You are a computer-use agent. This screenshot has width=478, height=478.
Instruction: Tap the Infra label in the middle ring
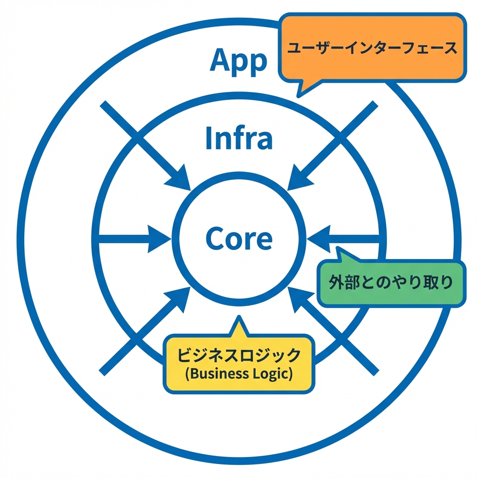click(x=239, y=138)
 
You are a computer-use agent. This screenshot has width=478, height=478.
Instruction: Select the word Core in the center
click(x=239, y=239)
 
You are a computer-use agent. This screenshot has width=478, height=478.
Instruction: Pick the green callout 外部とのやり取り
click(x=391, y=283)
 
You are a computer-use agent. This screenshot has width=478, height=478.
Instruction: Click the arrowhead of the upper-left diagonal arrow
click(x=180, y=180)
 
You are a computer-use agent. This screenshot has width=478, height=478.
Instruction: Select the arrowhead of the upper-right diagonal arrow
click(x=299, y=180)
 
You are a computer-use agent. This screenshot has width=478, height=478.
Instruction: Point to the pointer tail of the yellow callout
click(x=239, y=324)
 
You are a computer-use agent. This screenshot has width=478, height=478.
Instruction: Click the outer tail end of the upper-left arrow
click(x=105, y=105)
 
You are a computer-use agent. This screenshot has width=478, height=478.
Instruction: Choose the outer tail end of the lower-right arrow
click(x=373, y=371)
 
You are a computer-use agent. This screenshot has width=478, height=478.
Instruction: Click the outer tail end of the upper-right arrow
click(x=373, y=105)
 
